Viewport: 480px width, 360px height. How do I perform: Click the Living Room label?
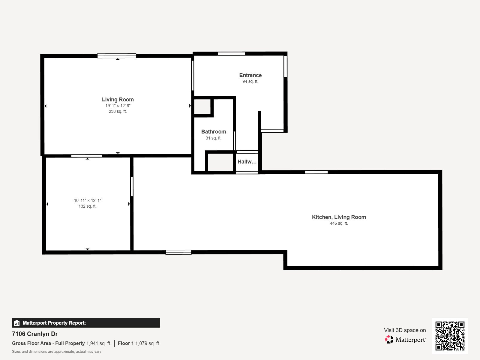[x=118, y=100]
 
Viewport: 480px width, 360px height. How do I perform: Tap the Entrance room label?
[x=250, y=75]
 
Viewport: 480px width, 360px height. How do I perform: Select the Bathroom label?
[x=213, y=132]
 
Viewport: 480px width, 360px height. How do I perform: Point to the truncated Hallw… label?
[x=247, y=162]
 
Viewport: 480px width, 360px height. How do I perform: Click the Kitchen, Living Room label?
[x=339, y=217]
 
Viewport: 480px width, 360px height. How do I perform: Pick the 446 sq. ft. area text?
[x=339, y=223]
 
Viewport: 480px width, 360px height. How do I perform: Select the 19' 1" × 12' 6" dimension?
[x=118, y=106]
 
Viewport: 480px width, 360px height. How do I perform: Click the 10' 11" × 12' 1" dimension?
[x=87, y=200]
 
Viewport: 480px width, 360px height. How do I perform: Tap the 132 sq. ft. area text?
[x=87, y=206]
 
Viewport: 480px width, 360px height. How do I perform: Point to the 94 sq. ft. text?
[x=250, y=82]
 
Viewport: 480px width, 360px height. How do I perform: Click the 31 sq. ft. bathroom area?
[x=213, y=138]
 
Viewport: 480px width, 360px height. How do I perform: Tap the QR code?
[x=450, y=336]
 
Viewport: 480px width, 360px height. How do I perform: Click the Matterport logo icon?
[x=389, y=339]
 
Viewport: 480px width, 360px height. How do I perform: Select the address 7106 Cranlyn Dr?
[x=35, y=334]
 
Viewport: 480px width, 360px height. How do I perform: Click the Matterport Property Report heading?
[x=54, y=323]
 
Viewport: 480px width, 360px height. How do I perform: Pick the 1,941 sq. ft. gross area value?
[x=99, y=343]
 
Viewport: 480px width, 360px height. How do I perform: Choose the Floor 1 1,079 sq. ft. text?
[x=139, y=343]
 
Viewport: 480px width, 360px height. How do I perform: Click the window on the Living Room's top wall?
[x=117, y=56]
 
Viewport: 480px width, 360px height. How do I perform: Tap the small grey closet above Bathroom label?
[x=202, y=106]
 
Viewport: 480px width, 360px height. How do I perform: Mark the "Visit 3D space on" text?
[x=405, y=330]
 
